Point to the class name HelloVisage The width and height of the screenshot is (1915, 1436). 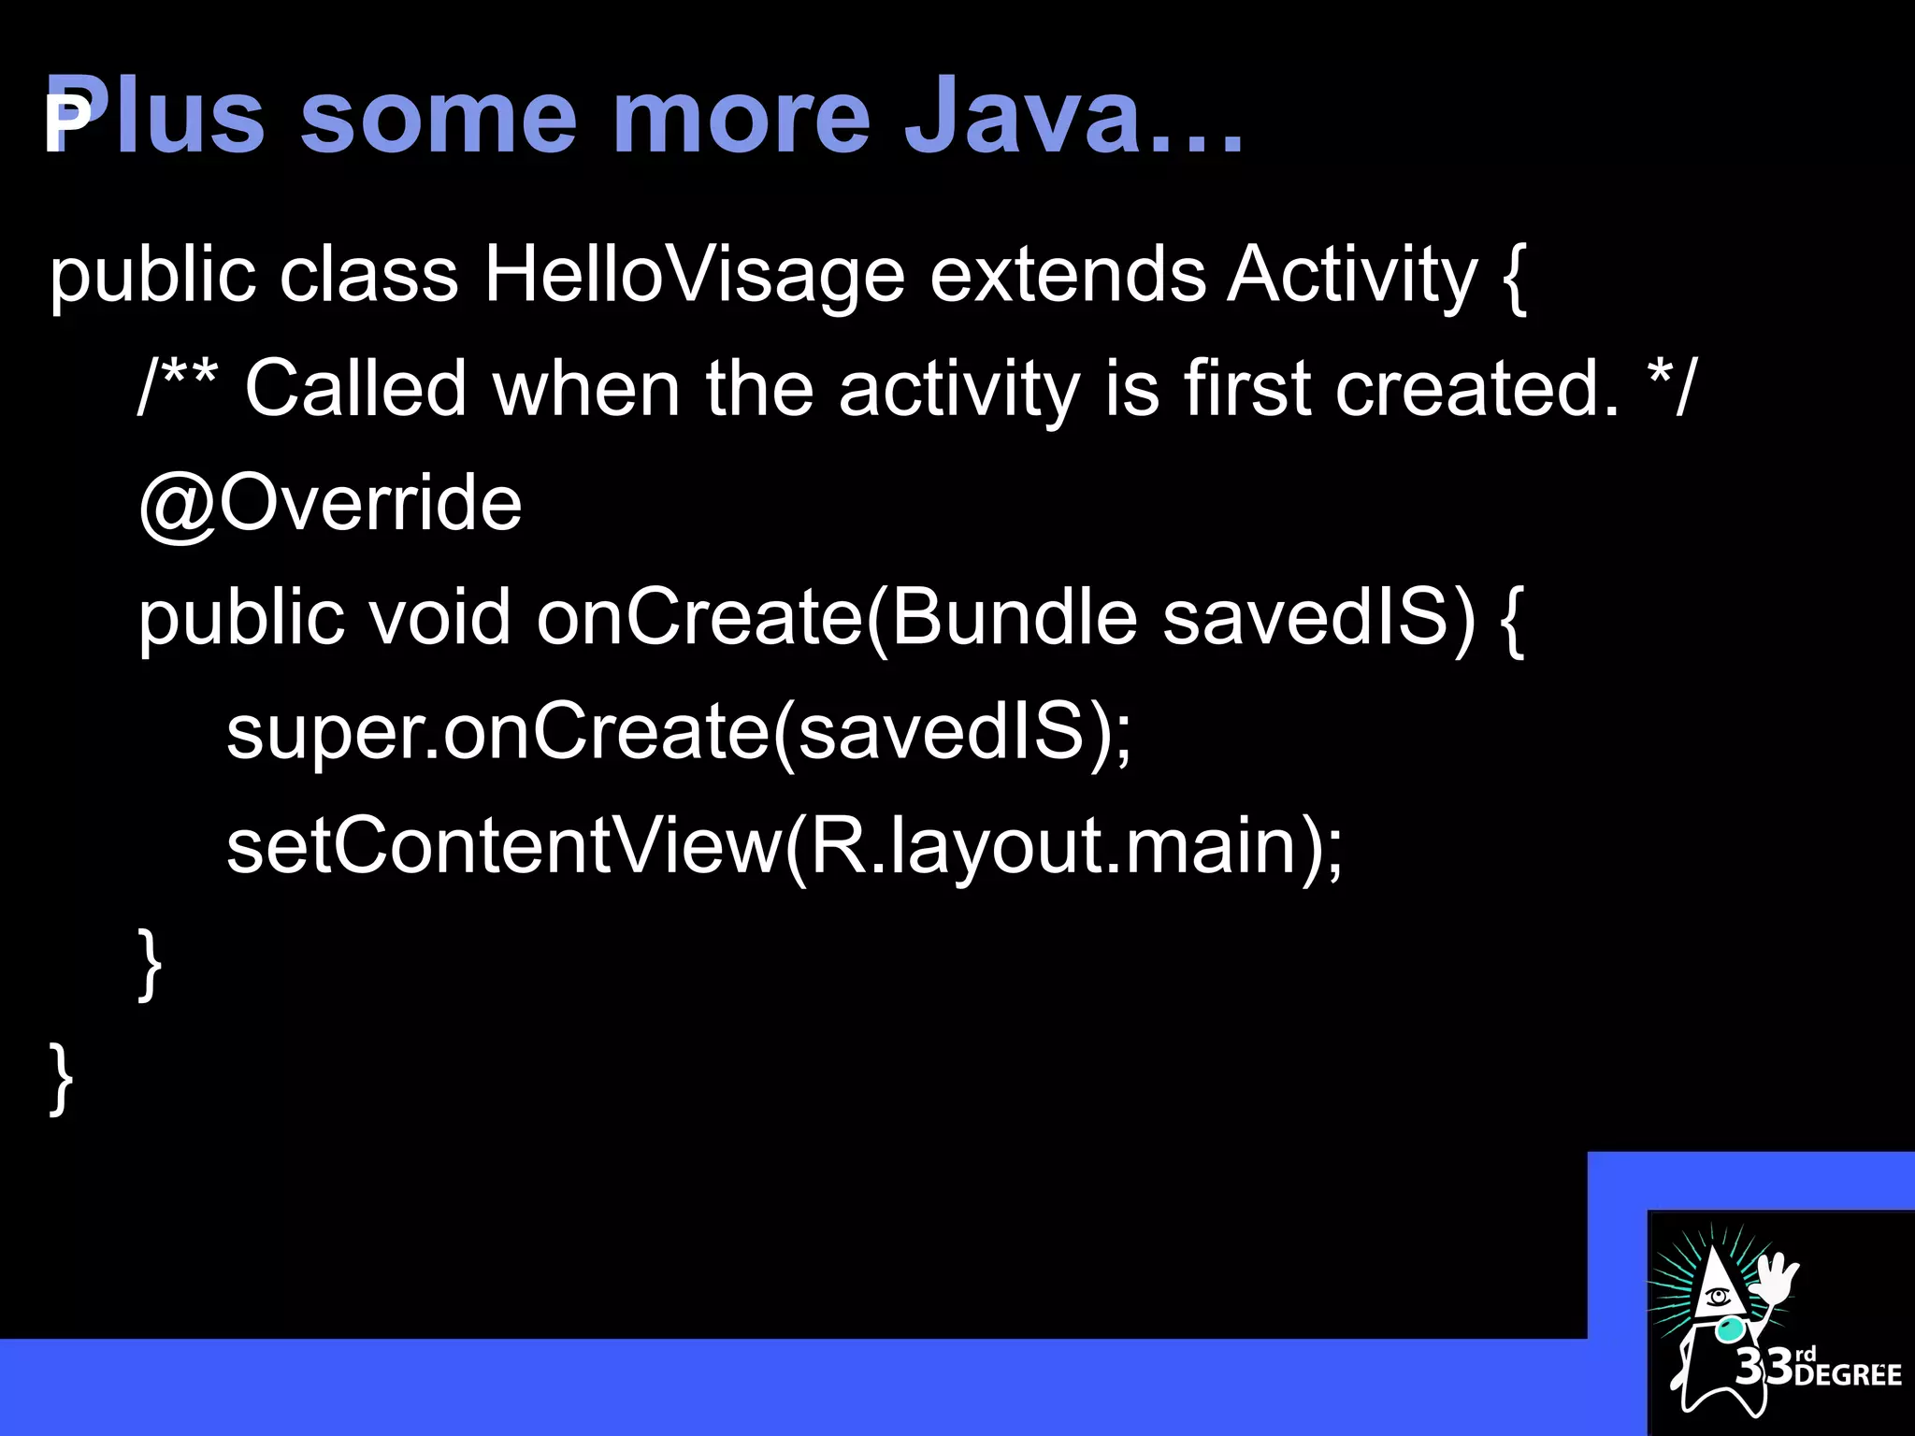pyautogui.click(x=694, y=276)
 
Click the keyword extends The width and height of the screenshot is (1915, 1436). pyautogui.click(x=1067, y=276)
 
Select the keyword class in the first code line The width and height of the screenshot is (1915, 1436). pyautogui.click(x=368, y=276)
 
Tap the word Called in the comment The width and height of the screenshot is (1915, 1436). pyautogui.click(x=355, y=389)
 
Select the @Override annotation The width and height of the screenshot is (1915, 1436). pyautogui.click(x=329, y=504)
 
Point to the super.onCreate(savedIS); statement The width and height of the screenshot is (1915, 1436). pyautogui.click(x=678, y=732)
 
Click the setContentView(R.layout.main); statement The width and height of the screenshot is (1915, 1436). pyautogui.click(x=784, y=846)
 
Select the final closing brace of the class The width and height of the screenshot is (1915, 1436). pyautogui.click(x=61, y=1080)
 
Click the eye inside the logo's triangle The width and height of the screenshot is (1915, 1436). pyautogui.click(x=1717, y=1297)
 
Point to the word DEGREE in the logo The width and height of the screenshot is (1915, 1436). pyautogui.click(x=1848, y=1375)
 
